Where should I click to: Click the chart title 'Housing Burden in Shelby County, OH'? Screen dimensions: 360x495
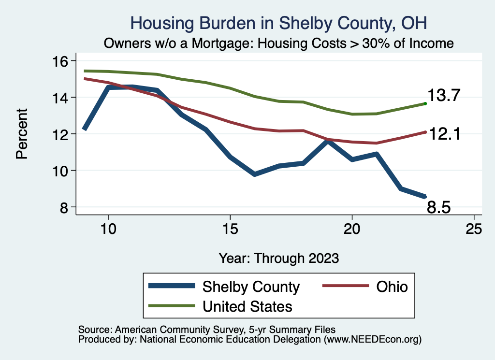pyautogui.click(x=279, y=23)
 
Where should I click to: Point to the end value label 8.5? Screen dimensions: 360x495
pyautogui.click(x=439, y=208)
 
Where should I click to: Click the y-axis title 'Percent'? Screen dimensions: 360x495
pyautogui.click(x=21, y=134)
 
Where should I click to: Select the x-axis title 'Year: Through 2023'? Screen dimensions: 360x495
pyautogui.click(x=278, y=258)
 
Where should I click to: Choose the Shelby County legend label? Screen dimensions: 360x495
pyautogui.click(x=251, y=287)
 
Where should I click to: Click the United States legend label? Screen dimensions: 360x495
pyautogui.click(x=247, y=306)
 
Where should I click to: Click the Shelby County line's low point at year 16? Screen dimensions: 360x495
pyautogui.click(x=254, y=174)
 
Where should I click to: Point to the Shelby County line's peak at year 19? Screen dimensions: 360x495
pyautogui.click(x=328, y=141)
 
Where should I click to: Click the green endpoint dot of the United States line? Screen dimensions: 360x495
pyautogui.click(x=425, y=103)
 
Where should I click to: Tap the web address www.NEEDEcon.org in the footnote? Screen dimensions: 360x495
pyautogui.click(x=372, y=340)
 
